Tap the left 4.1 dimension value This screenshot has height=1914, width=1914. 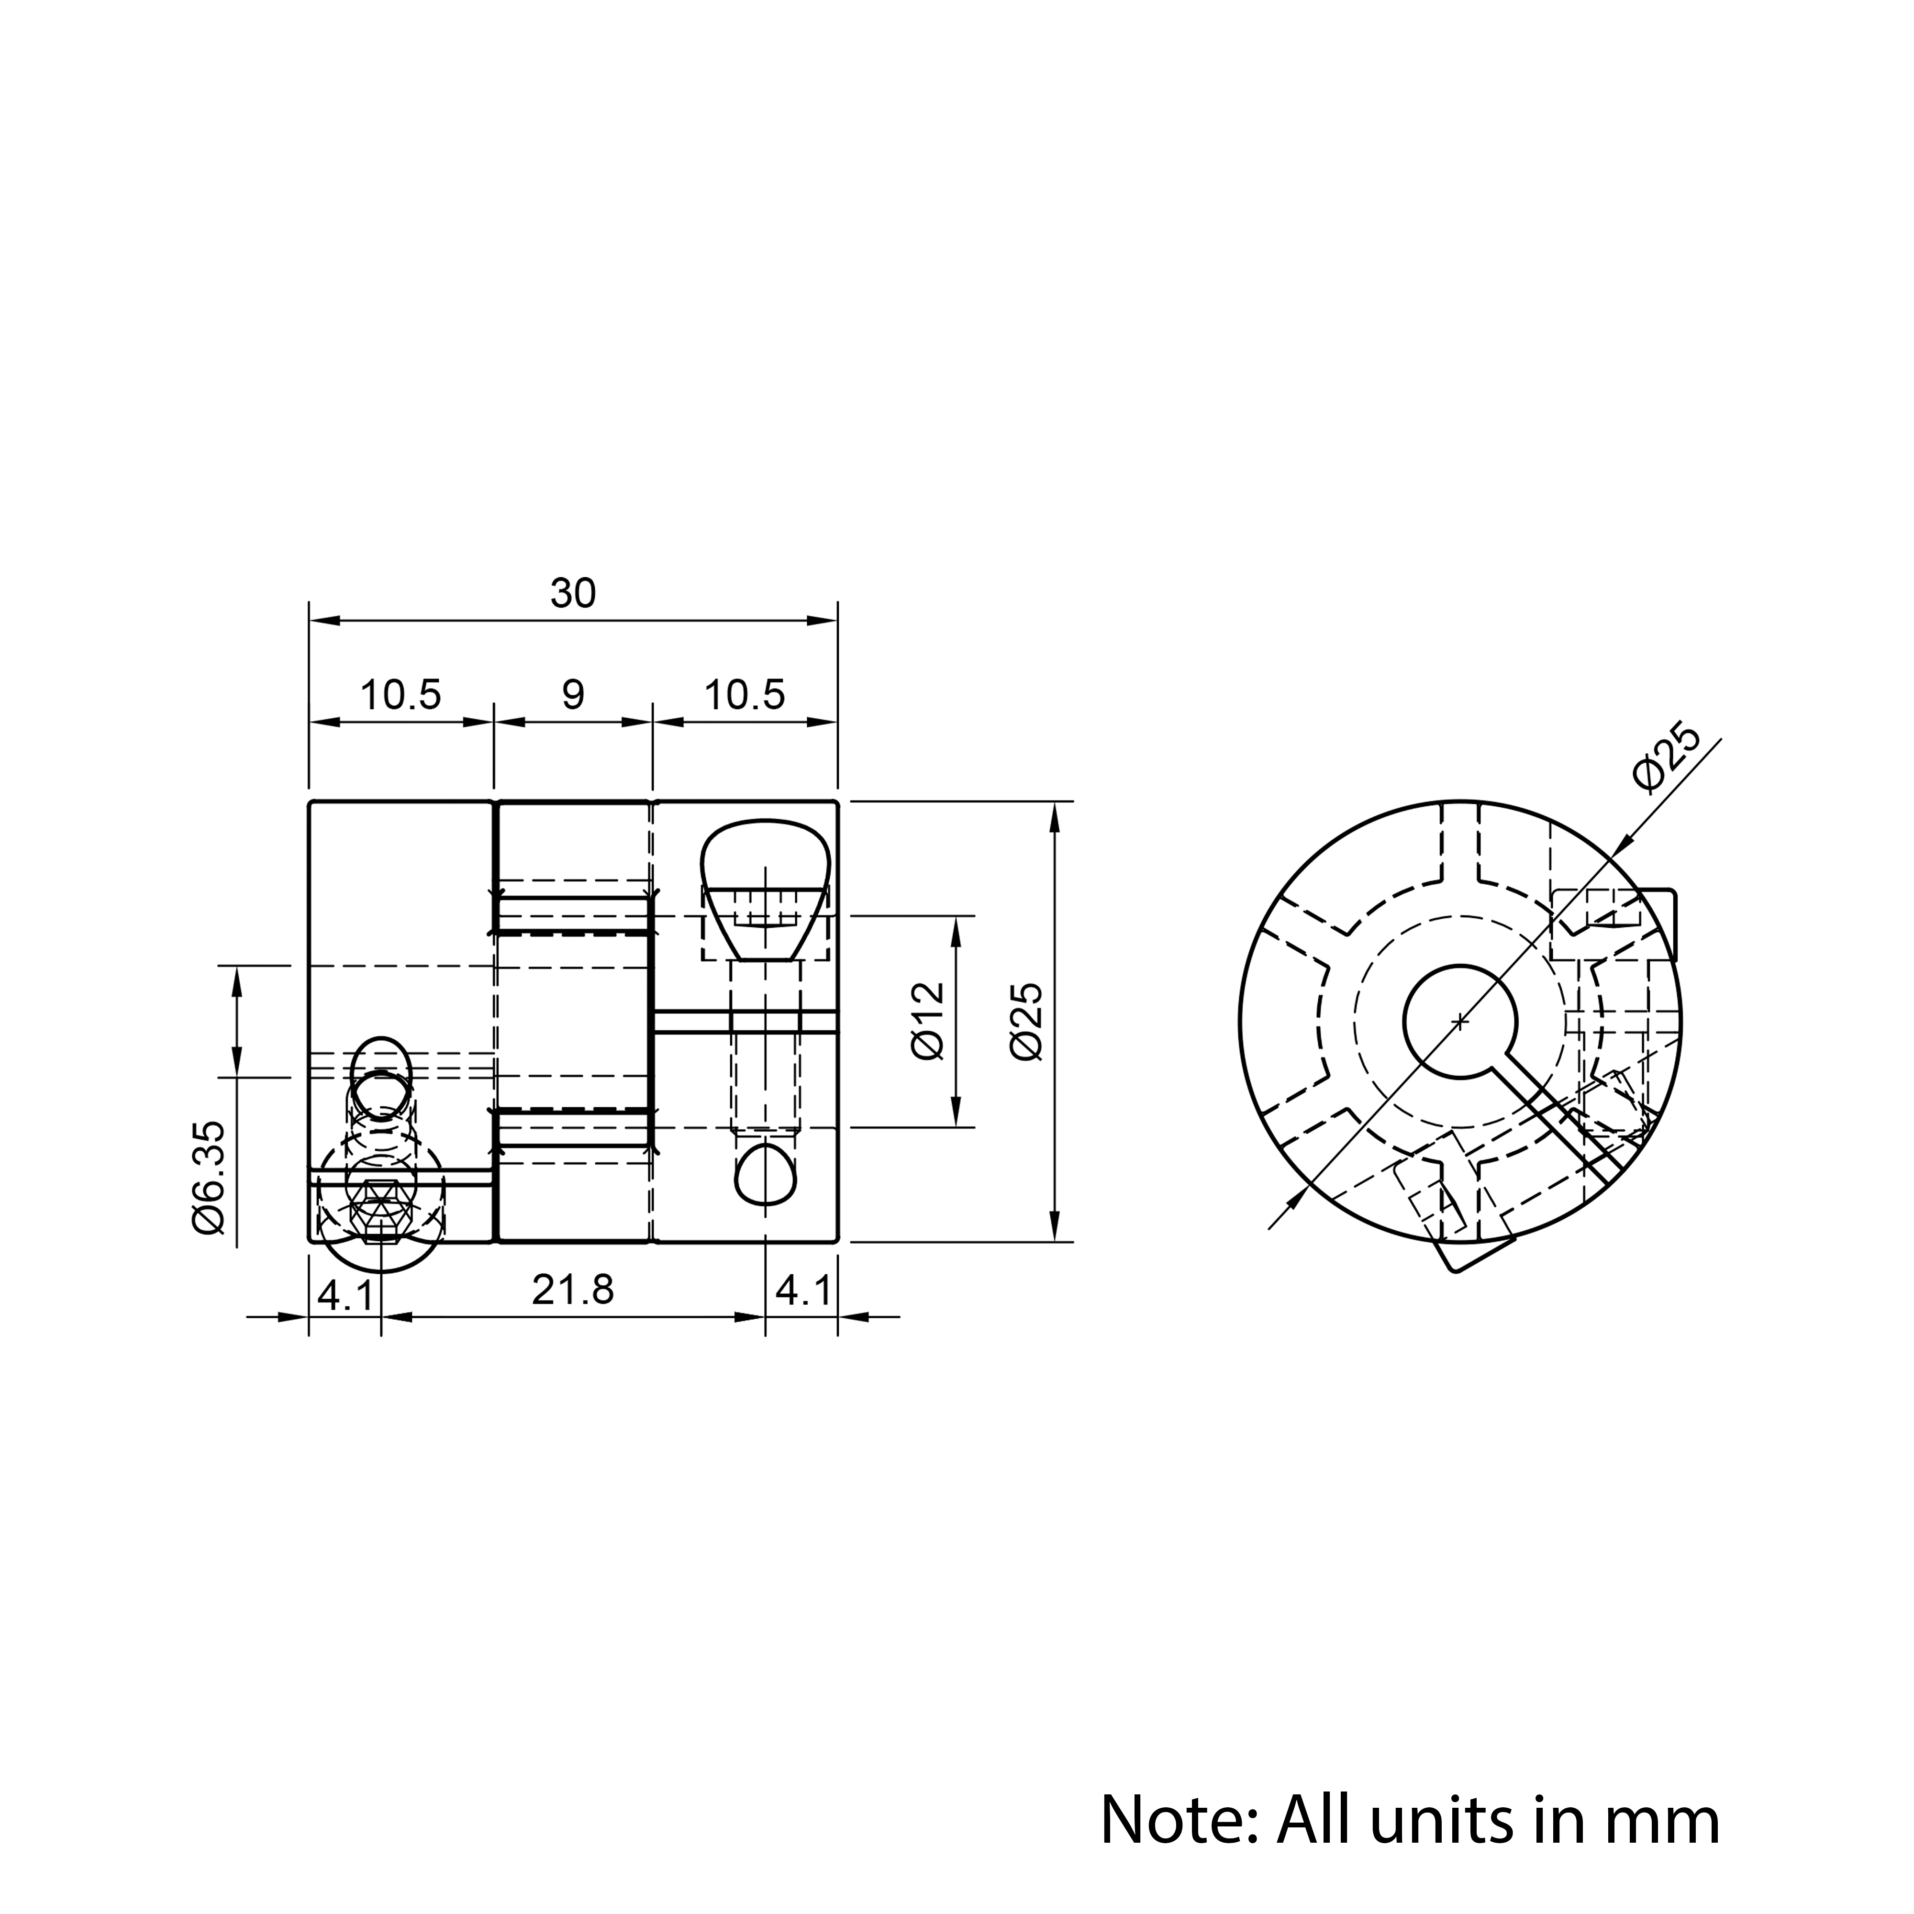[x=345, y=1293]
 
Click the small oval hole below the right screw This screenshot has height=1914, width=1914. [x=766, y=1175]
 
